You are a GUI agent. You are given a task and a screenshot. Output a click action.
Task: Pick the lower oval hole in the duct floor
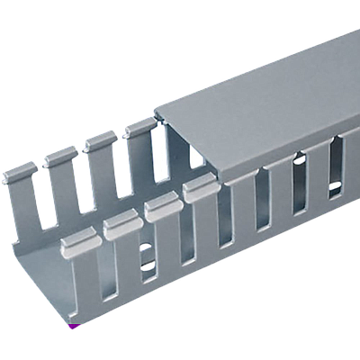click(x=147, y=266)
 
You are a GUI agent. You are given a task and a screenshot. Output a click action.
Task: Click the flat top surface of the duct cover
click(x=270, y=108)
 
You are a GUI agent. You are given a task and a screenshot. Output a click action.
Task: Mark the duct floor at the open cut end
click(x=45, y=261)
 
